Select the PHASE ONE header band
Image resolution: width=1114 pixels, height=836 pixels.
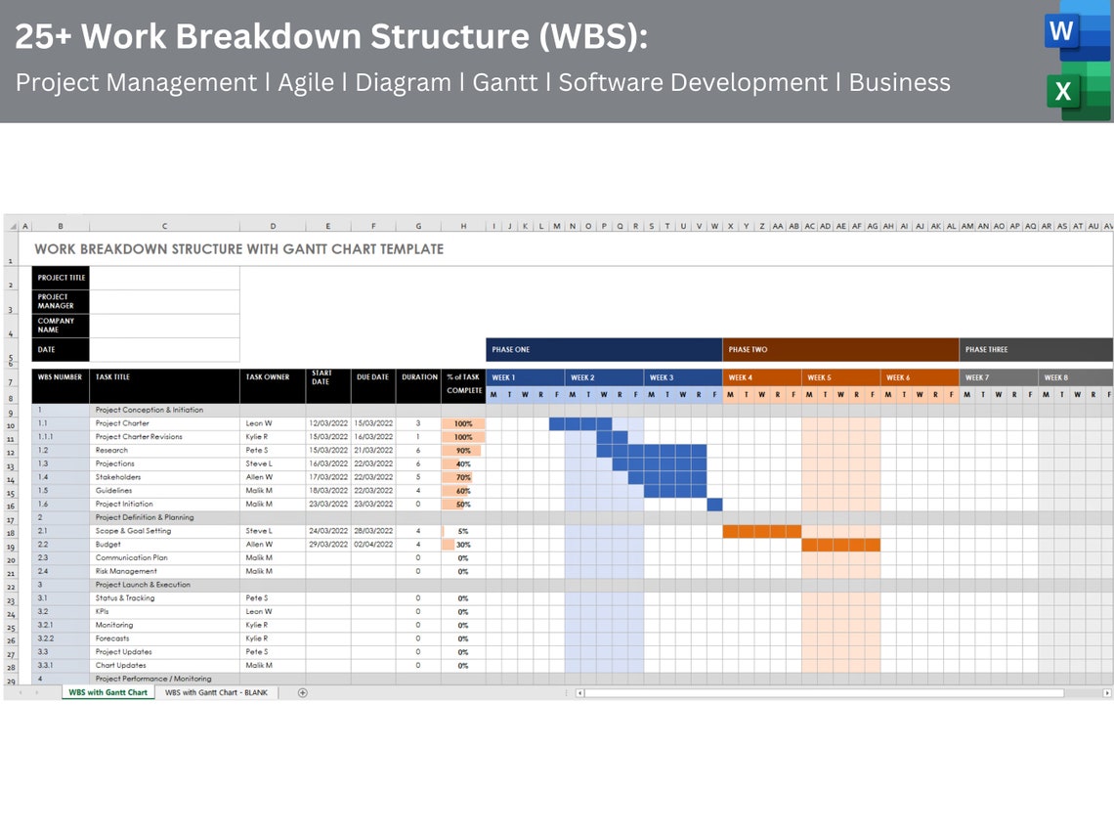(604, 350)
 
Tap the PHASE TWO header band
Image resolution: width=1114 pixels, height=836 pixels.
(840, 350)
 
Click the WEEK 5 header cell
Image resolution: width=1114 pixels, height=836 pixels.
(840, 377)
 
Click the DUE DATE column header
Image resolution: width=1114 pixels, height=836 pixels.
(372, 377)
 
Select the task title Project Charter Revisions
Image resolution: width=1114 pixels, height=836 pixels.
(139, 437)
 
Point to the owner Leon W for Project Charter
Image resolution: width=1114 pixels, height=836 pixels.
(259, 423)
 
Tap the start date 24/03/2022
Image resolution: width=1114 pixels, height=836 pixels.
(327, 531)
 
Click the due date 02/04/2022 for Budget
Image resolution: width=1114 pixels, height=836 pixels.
(372, 545)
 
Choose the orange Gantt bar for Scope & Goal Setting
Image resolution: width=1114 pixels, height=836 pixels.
(761, 531)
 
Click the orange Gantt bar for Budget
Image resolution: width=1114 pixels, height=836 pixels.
(840, 545)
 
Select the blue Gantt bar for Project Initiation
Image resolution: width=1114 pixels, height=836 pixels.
(714, 505)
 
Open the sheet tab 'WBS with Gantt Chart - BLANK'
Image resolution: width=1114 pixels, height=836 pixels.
(217, 692)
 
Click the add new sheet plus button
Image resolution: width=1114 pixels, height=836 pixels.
(302, 692)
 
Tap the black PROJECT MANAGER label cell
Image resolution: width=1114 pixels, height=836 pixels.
(61, 301)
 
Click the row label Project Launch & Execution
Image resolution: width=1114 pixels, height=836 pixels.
(143, 585)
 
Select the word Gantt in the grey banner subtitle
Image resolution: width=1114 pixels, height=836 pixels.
(505, 83)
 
